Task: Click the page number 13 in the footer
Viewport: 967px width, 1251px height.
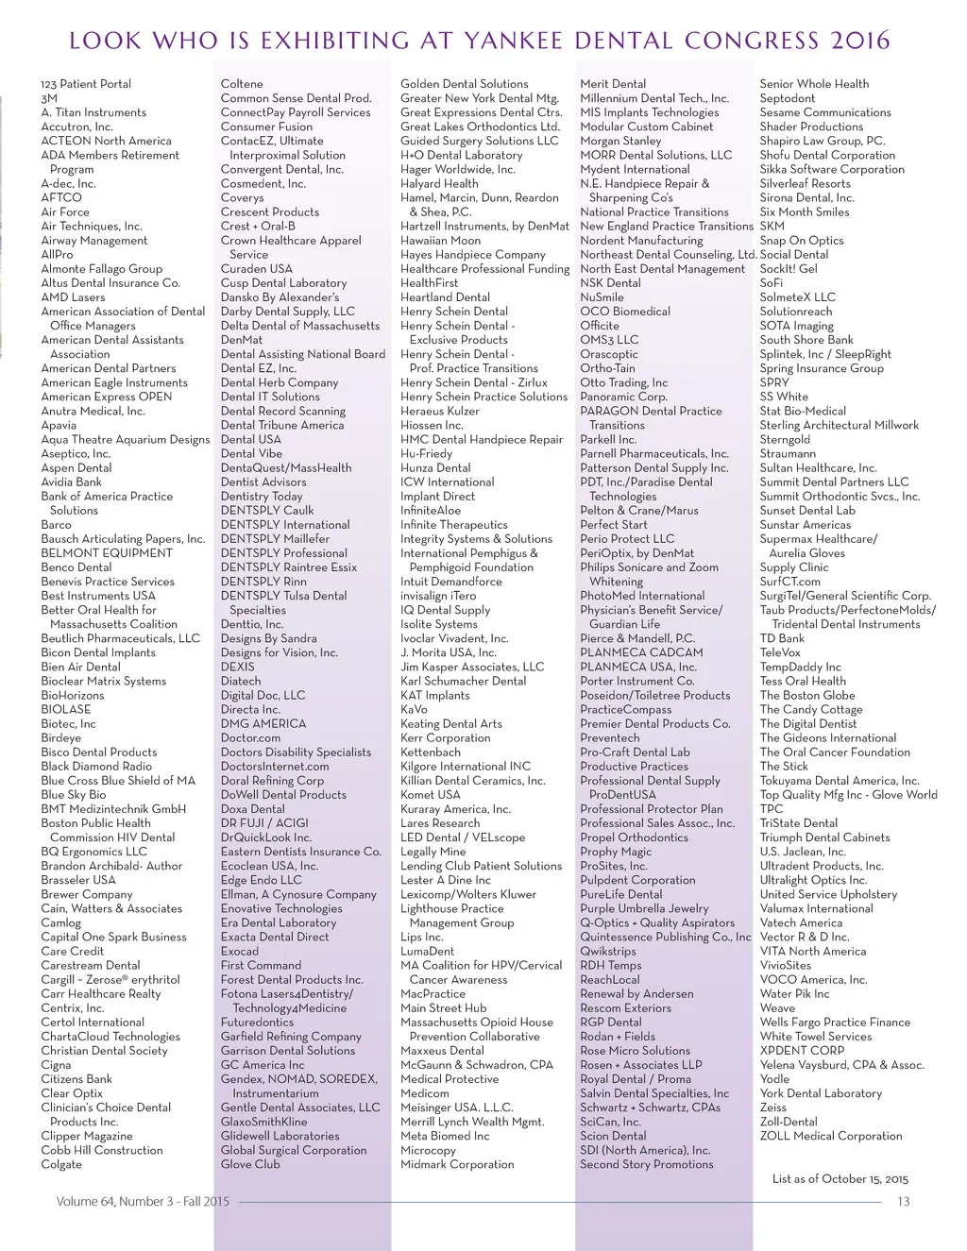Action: point(903,1201)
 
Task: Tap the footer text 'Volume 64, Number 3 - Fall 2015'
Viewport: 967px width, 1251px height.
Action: point(143,1201)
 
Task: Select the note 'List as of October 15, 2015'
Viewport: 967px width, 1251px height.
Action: point(840,1178)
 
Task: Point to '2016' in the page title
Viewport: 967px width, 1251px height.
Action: point(860,41)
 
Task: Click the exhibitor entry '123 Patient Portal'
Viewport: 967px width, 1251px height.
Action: point(86,84)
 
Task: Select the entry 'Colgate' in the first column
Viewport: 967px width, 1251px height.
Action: point(61,1164)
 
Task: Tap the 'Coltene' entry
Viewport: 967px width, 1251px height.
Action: point(242,84)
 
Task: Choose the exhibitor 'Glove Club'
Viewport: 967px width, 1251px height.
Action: point(250,1164)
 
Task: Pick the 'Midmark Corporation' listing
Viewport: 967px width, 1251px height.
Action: point(457,1164)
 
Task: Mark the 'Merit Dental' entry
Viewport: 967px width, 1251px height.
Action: point(613,84)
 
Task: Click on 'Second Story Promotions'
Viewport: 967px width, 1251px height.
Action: point(646,1164)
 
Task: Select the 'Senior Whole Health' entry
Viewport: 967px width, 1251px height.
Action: point(814,84)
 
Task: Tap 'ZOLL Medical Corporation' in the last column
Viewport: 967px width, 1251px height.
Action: point(831,1136)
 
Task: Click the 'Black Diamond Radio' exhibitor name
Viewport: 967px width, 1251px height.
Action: point(96,767)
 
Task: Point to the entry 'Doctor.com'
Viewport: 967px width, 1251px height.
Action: point(250,738)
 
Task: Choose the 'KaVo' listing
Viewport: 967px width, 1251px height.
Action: point(414,709)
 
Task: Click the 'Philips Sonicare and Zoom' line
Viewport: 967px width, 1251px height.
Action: point(649,567)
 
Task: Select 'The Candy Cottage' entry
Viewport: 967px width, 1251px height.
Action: point(811,709)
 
